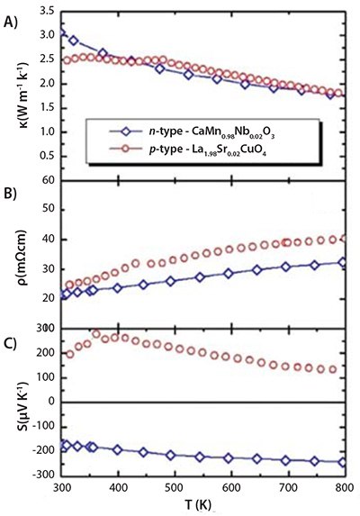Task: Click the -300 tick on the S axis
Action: (x=43, y=475)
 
